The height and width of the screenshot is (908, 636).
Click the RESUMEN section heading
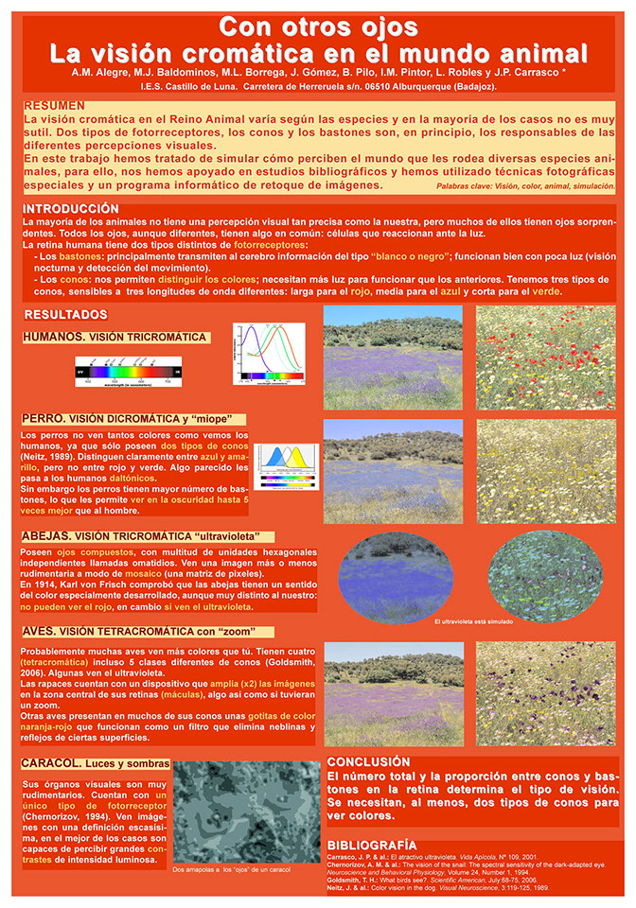(54, 106)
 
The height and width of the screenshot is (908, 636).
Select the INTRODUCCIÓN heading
(71, 208)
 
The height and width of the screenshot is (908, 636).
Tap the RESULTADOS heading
(65, 314)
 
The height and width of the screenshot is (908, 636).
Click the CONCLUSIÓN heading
(368, 761)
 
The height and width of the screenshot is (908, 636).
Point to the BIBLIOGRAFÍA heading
(371, 844)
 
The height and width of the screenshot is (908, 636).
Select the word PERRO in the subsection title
(44, 419)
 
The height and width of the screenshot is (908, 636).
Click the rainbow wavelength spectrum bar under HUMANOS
(129, 373)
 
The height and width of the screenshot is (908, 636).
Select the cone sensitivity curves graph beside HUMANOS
(269, 353)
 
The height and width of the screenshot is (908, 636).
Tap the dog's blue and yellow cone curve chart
(286, 466)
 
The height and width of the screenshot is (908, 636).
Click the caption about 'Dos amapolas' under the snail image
(233, 869)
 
